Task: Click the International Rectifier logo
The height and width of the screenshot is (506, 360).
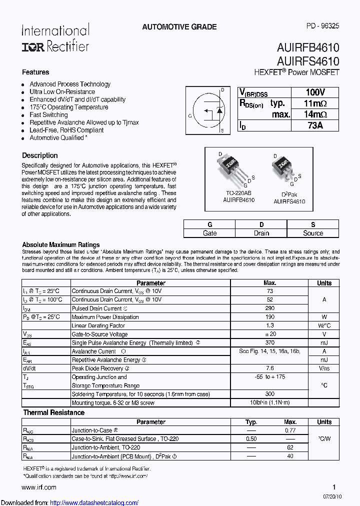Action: [x=55, y=38]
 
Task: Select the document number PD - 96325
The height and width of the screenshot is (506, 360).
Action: [x=322, y=26]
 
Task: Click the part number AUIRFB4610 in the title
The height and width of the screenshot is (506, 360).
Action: [x=307, y=48]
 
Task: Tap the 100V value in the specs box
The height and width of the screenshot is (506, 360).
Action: [x=315, y=92]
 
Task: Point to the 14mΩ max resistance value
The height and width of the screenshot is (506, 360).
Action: [x=315, y=114]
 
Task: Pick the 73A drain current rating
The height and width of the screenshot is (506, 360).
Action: [x=315, y=125]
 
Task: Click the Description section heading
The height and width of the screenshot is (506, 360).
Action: [x=40, y=155]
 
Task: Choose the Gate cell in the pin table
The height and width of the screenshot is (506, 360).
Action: [x=209, y=233]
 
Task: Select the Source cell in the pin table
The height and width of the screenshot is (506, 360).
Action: [x=313, y=233]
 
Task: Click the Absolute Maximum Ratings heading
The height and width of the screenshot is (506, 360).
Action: [x=61, y=245]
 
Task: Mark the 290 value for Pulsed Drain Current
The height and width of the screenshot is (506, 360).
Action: [x=269, y=308]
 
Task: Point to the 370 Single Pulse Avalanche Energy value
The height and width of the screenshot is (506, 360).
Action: [x=269, y=343]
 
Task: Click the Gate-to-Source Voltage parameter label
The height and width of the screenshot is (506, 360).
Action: [x=99, y=334]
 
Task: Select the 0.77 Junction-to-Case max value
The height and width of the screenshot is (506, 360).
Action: [x=290, y=430]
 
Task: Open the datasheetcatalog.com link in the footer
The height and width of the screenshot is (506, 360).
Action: [x=94, y=502]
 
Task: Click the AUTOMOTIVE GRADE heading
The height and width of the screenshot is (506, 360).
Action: [x=179, y=27]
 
